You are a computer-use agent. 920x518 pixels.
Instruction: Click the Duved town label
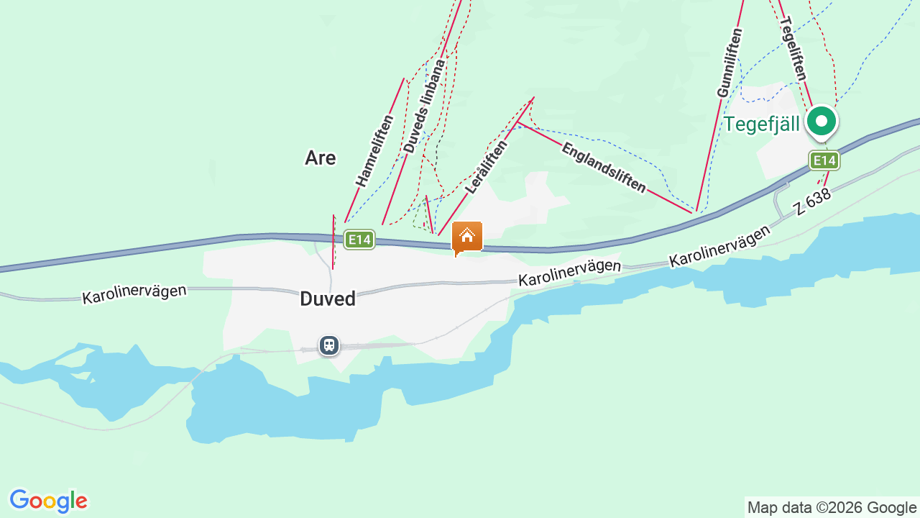[x=328, y=299]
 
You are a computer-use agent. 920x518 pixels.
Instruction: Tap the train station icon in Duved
[x=329, y=345]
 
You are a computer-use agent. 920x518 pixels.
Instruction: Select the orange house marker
[x=467, y=236]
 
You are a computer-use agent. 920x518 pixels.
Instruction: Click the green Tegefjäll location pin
[x=821, y=122]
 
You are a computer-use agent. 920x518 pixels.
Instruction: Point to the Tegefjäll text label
[x=761, y=124]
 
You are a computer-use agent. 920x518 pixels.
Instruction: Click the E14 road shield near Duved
[x=359, y=240]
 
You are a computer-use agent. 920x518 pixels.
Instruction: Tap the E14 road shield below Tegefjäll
[x=824, y=160]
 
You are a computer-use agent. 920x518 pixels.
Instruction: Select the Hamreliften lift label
[x=374, y=150]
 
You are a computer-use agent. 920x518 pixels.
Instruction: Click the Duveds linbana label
[x=424, y=106]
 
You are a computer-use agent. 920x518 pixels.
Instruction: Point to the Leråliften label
[x=486, y=166]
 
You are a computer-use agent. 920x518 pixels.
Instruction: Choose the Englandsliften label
[x=604, y=168]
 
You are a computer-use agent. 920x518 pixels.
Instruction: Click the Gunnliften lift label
[x=730, y=63]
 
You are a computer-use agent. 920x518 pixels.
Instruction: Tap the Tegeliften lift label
[x=793, y=48]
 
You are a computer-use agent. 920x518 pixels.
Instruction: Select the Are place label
[x=320, y=158]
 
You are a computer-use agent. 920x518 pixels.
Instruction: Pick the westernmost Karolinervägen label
[x=134, y=294]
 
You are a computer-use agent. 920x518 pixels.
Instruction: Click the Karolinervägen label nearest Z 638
[x=719, y=246]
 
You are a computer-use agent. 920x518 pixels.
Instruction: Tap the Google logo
[x=48, y=501]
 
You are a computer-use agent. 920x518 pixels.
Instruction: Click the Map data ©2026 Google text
[x=832, y=507]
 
